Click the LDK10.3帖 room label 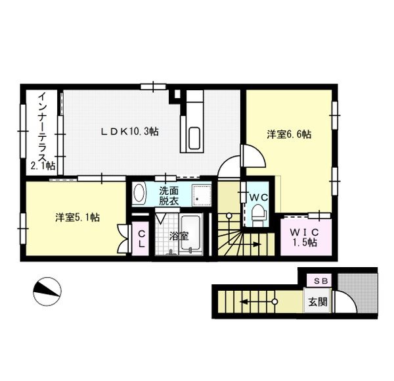129,132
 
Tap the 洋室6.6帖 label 289,134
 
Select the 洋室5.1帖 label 77,217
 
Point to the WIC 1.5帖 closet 306,237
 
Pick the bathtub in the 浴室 192,233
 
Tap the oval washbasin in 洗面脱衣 139,193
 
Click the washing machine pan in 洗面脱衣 202,195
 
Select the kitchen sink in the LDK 194,138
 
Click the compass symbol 47,292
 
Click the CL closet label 141,239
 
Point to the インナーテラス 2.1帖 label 43,132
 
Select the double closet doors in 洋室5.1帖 124,239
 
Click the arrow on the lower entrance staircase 258,301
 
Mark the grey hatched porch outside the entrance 357,292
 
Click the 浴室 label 179,236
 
